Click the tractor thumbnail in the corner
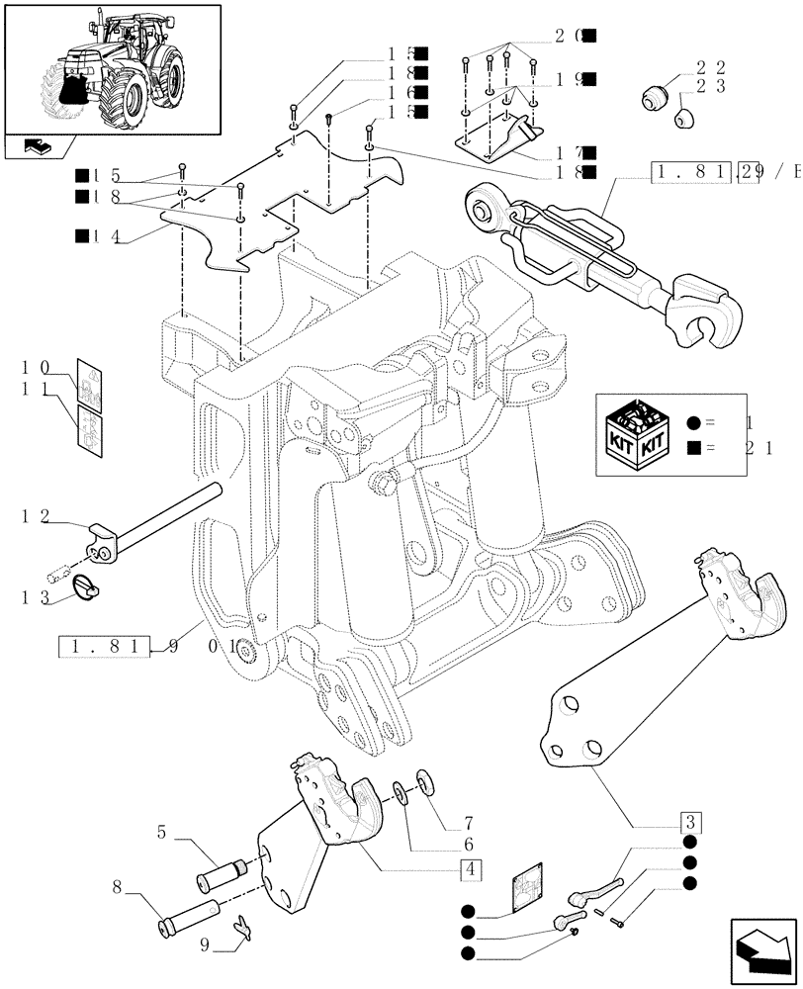[112, 69]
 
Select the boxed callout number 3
[690, 822]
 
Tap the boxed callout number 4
[471, 871]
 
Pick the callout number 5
[160, 834]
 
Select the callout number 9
[205, 944]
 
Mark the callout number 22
[710, 67]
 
